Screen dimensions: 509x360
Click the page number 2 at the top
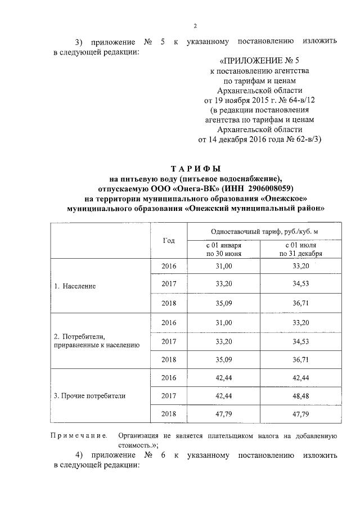pyautogui.click(x=195, y=25)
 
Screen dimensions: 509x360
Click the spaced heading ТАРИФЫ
pyautogui.click(x=196, y=169)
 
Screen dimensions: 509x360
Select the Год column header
pyautogui.click(x=169, y=240)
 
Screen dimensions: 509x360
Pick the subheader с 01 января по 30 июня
pyautogui.click(x=224, y=250)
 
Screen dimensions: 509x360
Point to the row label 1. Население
pyautogui.click(x=75, y=286)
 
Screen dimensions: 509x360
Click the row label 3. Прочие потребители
pyautogui.click(x=89, y=396)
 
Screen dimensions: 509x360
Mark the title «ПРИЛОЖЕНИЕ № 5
pyautogui.click(x=255, y=61)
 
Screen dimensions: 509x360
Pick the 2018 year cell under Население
pyautogui.click(x=169, y=304)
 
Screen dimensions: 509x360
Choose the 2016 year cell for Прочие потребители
pyautogui.click(x=169, y=377)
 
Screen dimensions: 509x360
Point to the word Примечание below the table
pyautogui.click(x=79, y=436)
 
